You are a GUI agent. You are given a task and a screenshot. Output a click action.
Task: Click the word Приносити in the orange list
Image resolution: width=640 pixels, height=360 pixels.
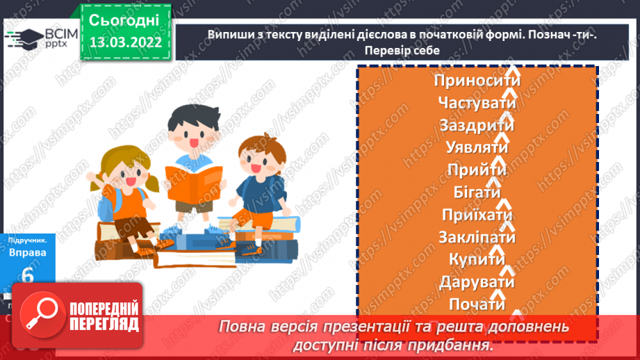point(477,81)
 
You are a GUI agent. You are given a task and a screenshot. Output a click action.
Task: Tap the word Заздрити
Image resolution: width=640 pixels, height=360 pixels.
point(477,126)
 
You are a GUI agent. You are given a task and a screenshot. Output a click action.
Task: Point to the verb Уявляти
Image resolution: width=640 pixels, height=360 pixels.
point(477,148)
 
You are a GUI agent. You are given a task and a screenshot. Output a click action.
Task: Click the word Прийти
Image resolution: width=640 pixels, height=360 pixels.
point(477,170)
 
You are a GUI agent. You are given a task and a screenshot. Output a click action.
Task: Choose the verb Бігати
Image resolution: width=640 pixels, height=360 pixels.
point(477,193)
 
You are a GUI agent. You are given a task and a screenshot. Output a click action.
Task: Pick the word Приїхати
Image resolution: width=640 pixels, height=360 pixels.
point(477,215)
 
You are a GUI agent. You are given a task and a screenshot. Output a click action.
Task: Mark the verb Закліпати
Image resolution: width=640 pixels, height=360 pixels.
point(477,238)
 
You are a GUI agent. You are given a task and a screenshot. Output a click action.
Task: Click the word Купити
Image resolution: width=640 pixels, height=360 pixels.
point(477,260)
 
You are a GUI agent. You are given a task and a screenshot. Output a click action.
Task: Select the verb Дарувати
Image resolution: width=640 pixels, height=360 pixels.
point(477,282)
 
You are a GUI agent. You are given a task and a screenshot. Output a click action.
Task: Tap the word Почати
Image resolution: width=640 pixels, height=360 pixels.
point(477,304)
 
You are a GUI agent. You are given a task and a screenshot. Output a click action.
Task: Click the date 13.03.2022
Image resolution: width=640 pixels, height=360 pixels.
point(125,42)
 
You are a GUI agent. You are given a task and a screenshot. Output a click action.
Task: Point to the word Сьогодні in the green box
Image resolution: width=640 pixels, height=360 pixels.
point(124,19)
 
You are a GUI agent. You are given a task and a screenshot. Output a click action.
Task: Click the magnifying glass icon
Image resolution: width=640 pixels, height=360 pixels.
point(42,315)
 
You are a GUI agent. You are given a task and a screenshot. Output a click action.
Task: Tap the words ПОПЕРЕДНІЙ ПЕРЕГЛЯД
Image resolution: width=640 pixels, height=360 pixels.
point(102,316)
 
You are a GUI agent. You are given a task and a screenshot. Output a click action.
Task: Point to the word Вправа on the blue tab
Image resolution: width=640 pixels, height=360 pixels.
point(28,253)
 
